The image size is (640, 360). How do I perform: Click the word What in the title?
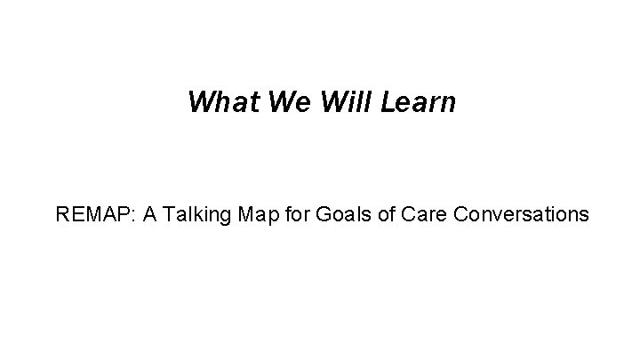[x=214, y=102]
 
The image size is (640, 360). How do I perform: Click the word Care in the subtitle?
[x=396, y=214]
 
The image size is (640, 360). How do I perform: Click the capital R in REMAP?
[x=60, y=214]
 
